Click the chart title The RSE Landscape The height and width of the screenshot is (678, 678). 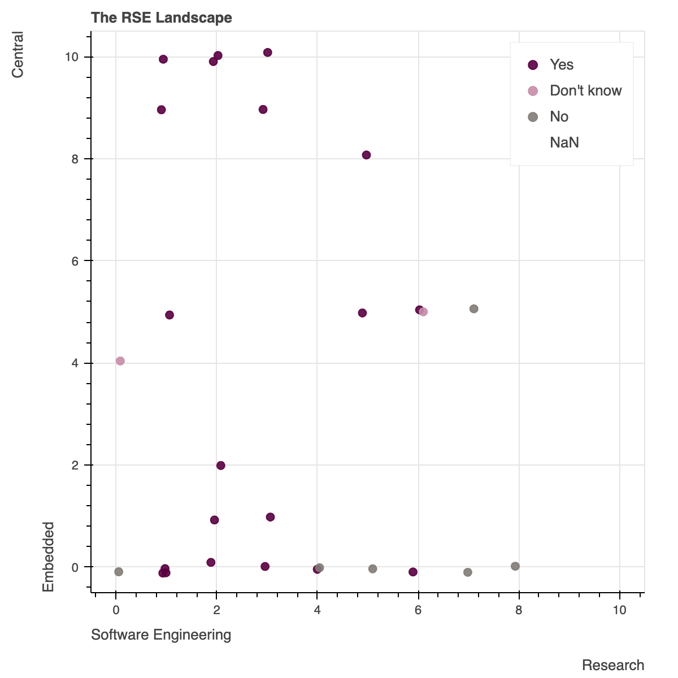pyautogui.click(x=162, y=18)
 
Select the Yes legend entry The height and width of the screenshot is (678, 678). pyautogui.click(x=561, y=65)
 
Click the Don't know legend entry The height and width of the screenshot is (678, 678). pyautogui.click(x=585, y=91)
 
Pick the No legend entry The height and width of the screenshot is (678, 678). pyautogui.click(x=559, y=117)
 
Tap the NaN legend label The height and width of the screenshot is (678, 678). pyautogui.click(x=564, y=143)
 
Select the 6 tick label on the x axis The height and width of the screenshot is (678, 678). pyautogui.click(x=418, y=611)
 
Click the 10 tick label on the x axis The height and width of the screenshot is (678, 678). pyautogui.click(x=620, y=611)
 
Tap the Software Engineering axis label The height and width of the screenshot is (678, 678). pyautogui.click(x=161, y=635)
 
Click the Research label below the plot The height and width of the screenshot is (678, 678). pyautogui.click(x=613, y=666)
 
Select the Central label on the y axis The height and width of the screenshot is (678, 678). pyautogui.click(x=18, y=55)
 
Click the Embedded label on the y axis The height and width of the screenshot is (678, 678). pyautogui.click(x=49, y=557)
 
